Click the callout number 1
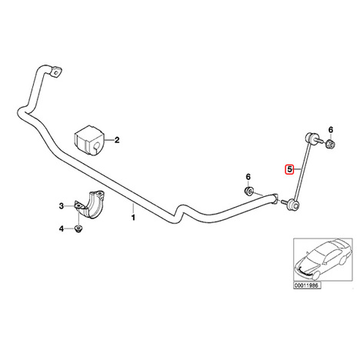[x=133, y=218]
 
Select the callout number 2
[x=117, y=140]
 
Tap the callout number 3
[x=62, y=206]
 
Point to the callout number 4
[x=62, y=228]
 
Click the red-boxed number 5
[x=289, y=169]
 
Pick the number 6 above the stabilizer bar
[x=248, y=177]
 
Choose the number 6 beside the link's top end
[x=331, y=130]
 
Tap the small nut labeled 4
[x=78, y=228]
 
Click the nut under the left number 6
[x=248, y=191]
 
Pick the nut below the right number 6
[x=331, y=145]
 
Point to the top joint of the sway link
[x=311, y=138]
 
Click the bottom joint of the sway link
[x=293, y=204]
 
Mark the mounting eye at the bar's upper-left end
[x=56, y=72]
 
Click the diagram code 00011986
[x=307, y=285]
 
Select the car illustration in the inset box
[x=322, y=259]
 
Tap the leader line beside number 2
[x=108, y=140]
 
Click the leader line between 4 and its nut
[x=69, y=228]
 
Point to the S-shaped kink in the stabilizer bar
[x=179, y=212]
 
